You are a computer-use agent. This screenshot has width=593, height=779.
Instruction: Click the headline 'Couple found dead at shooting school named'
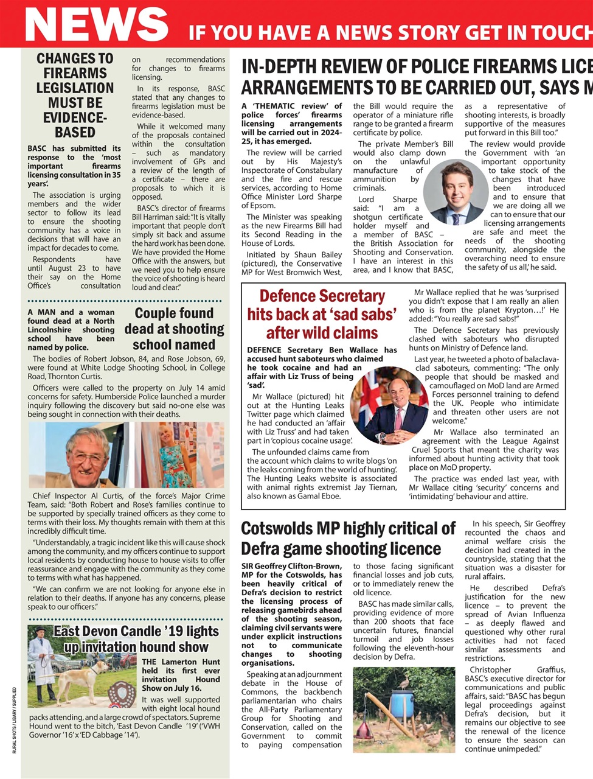174,329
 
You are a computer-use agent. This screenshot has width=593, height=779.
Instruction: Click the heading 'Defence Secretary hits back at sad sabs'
322,314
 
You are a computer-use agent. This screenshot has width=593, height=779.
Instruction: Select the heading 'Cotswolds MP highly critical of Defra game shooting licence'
348,538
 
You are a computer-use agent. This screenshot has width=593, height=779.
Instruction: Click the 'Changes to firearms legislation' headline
75,95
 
